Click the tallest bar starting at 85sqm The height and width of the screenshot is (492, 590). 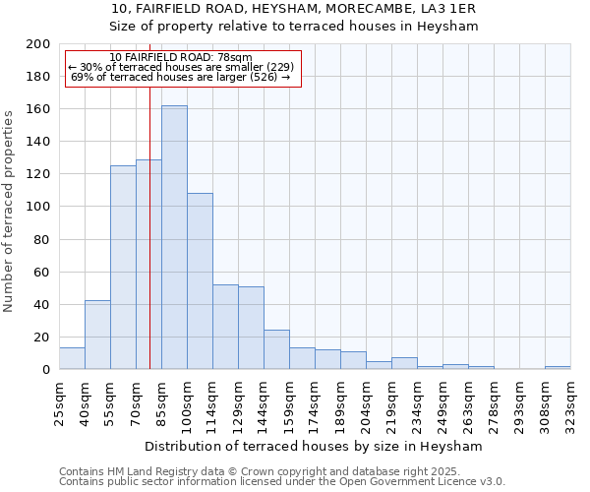[174, 237]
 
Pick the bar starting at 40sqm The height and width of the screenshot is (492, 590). [97, 335]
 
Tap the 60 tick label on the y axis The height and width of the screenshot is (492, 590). [41, 272]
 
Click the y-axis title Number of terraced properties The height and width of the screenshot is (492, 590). [9, 211]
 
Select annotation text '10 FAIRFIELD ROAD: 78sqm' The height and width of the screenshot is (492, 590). [181, 58]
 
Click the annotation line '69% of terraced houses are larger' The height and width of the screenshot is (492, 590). [181, 77]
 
